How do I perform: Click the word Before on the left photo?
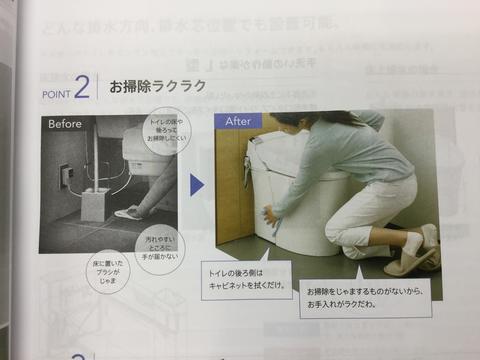coord(63,124)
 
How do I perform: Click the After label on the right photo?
coord(238,120)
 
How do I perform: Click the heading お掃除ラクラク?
coord(157,86)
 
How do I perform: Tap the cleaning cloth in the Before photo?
coord(129,212)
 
